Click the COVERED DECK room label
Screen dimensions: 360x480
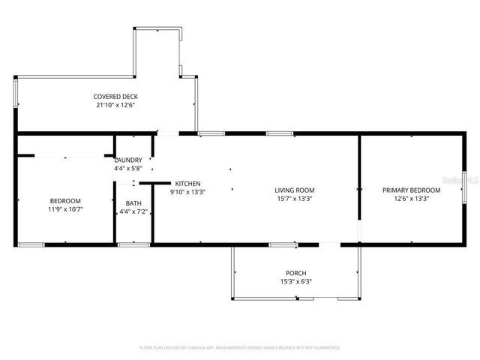115,97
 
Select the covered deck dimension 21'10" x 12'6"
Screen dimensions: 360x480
115,106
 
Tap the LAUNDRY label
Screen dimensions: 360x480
128,160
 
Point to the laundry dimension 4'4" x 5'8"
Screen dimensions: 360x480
128,169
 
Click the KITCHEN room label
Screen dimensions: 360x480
187,184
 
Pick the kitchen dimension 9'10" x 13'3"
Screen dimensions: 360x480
187,192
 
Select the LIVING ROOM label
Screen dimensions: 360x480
294,190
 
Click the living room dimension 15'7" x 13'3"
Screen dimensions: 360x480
294,199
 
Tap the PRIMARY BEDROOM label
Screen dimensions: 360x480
411,190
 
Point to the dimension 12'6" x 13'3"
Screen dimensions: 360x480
411,199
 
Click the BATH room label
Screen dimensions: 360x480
133,203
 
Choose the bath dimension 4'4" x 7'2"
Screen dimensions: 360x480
133,212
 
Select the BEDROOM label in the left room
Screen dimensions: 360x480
65,201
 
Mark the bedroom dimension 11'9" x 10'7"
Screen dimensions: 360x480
65,210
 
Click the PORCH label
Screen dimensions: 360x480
295,273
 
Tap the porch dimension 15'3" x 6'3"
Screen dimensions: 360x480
295,282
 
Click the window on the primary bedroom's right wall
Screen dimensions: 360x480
464,187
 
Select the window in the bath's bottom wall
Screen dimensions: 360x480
133,244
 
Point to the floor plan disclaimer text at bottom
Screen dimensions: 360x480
240,348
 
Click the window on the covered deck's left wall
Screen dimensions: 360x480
16,94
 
